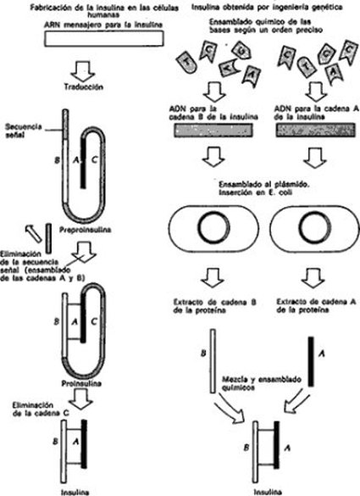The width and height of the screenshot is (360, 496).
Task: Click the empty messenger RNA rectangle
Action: click(x=104, y=39)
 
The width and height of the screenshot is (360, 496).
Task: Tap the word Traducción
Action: click(x=84, y=86)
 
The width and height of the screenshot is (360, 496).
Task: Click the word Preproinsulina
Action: click(x=86, y=230)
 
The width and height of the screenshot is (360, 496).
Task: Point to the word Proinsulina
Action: click(x=81, y=383)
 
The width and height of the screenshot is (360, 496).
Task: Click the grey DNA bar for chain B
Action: click(x=213, y=130)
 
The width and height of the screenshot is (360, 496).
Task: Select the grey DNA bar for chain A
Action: click(x=316, y=130)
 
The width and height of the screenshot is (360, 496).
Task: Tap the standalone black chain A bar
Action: click(x=311, y=361)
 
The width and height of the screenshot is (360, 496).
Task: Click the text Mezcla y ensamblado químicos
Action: click(x=262, y=383)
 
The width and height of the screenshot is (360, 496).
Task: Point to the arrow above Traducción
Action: click(x=82, y=71)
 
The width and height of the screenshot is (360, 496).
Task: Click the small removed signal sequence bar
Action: click(x=48, y=238)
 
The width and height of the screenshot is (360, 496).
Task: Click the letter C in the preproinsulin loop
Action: click(x=94, y=160)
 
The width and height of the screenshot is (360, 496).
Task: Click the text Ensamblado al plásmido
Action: click(x=263, y=185)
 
